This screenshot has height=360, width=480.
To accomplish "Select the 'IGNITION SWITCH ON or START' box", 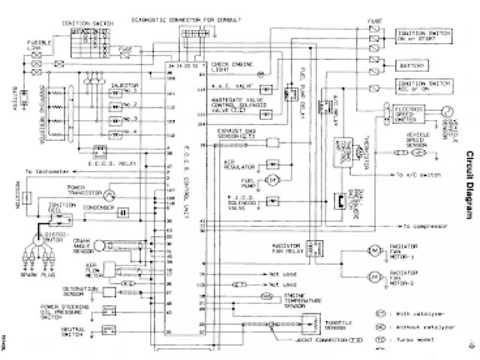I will tap(422, 36).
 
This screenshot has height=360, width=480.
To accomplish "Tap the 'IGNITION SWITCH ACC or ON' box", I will tap(422, 87).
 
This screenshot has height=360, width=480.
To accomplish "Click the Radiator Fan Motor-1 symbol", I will tap(372, 269).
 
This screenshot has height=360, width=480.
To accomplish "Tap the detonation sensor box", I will tap(110, 289).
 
